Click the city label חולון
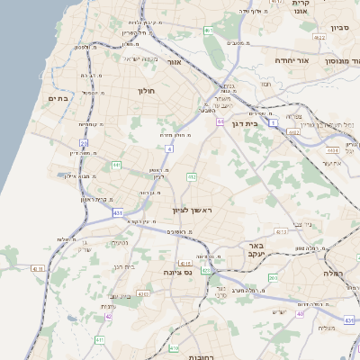(x=147, y=91)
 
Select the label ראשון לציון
(x=195, y=210)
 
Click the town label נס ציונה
(x=176, y=271)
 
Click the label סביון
(x=338, y=28)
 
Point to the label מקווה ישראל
(x=139, y=59)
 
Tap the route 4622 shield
(x=319, y=37)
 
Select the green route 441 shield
(x=116, y=165)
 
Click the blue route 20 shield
(x=84, y=142)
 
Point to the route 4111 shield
(x=37, y=268)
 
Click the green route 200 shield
(x=272, y=277)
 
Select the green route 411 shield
(x=100, y=339)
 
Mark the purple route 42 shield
(x=108, y=316)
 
